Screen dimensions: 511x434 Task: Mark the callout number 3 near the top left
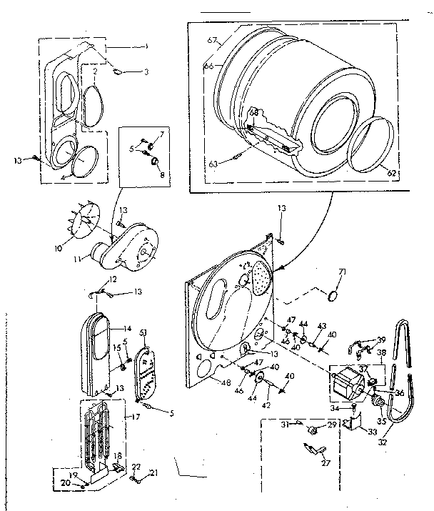[x=146, y=71]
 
